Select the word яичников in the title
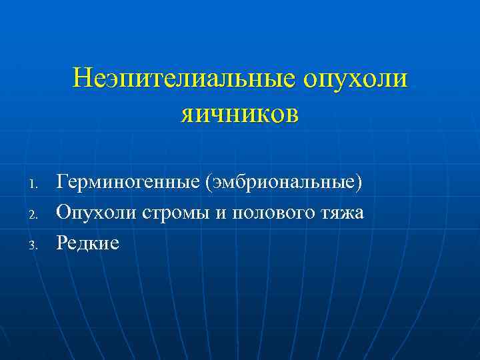pyautogui.click(x=239, y=112)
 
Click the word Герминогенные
pyautogui.click(x=129, y=182)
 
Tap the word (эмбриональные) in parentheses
pyautogui.click(x=285, y=182)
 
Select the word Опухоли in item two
pyautogui.click(x=96, y=213)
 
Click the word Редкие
pyautogui.click(x=88, y=243)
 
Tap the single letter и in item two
pyautogui.click(x=225, y=214)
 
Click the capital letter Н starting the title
pyautogui.click(x=82, y=78)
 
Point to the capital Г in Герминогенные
pyautogui.click(x=62, y=181)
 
